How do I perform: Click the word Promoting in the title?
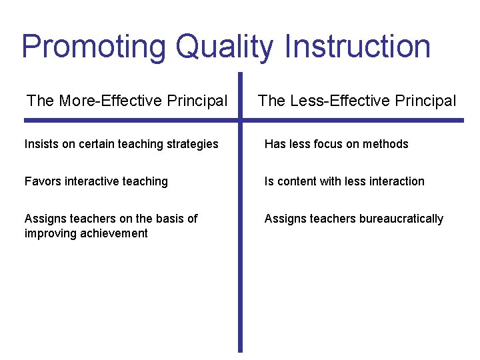[x=93, y=47]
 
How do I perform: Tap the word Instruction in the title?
[x=357, y=47]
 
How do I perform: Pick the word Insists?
[x=41, y=144]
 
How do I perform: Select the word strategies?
[x=191, y=144]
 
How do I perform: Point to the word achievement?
[x=114, y=233]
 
